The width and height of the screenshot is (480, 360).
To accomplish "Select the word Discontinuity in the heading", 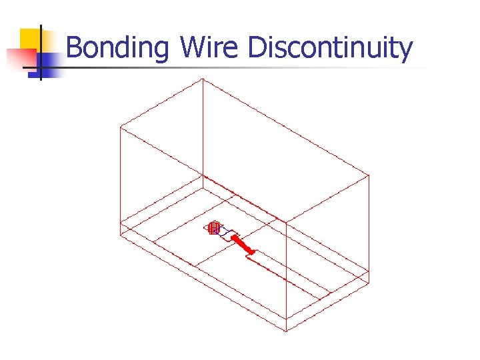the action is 330,49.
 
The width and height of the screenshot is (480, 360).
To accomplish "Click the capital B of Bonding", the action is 75,49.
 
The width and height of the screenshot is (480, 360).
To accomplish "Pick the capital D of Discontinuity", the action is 257,49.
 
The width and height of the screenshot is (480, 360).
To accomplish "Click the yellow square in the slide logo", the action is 31,41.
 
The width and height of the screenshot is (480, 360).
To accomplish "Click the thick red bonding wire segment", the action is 243,244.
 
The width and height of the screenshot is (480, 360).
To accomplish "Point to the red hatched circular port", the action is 213,229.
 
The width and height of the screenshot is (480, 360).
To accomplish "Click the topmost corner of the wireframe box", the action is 202,79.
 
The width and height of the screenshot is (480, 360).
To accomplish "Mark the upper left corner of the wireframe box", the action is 120,126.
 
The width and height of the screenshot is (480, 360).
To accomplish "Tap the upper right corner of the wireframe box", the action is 369,175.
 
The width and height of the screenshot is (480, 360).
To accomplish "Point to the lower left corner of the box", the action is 120,235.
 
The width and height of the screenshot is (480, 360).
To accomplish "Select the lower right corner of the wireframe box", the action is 369,283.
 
